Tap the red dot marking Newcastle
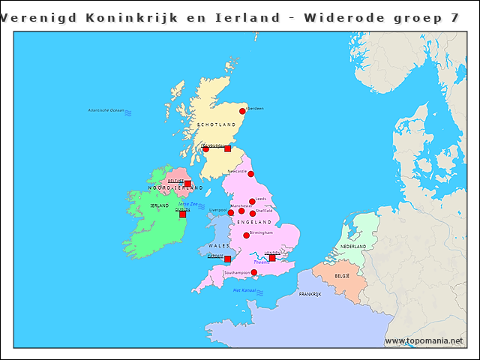pyautogui.click(x=250, y=174)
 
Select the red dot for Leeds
pyautogui.click(x=252, y=201)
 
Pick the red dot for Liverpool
pyautogui.click(x=231, y=212)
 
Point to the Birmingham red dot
pyautogui.click(x=246, y=235)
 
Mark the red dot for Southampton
pyautogui.click(x=253, y=273)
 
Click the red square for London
pyautogui.click(x=272, y=258)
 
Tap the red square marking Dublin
pyautogui.click(x=182, y=214)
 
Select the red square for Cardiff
pyautogui.click(x=227, y=259)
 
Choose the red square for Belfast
pyautogui.click(x=187, y=184)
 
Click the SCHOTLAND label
pyautogui.click(x=217, y=124)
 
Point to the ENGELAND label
pyautogui.click(x=254, y=223)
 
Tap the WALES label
pyautogui.click(x=219, y=246)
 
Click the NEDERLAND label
pyautogui.click(x=353, y=246)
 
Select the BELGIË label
pyautogui.click(x=342, y=276)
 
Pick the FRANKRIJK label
pyautogui.click(x=310, y=295)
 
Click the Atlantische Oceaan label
pyautogui.click(x=106, y=110)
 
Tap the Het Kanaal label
pyautogui.click(x=244, y=290)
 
